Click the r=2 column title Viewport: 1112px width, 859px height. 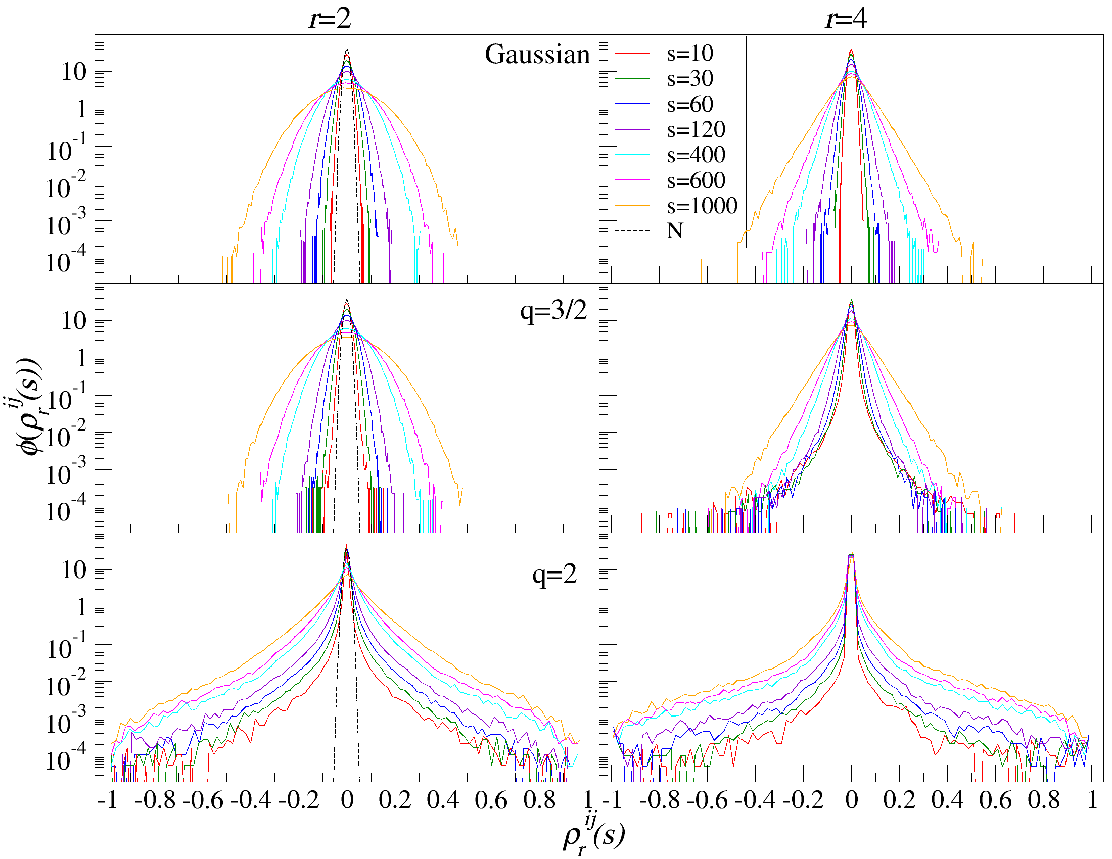(x=330, y=19)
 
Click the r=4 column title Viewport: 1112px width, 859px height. (x=846, y=19)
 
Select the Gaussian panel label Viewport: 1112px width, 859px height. (x=537, y=54)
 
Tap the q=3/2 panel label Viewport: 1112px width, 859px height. (x=553, y=310)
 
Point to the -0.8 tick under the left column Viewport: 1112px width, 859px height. (x=155, y=800)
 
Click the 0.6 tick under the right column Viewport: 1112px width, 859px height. (x=995, y=800)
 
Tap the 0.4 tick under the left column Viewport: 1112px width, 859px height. (x=443, y=800)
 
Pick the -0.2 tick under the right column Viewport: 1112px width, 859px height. (x=803, y=800)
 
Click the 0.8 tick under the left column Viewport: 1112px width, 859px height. (x=539, y=800)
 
